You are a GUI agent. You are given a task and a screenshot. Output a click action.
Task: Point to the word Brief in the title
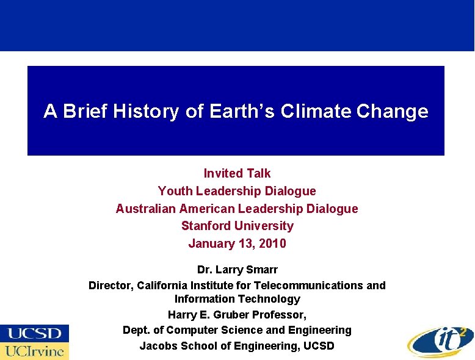coord(85,112)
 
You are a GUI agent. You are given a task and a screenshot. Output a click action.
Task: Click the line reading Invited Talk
coord(237,173)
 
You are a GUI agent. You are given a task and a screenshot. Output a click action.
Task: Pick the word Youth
coord(175,191)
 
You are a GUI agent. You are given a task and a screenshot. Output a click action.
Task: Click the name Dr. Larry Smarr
coord(237,269)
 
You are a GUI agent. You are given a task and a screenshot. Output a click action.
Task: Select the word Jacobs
coord(158,346)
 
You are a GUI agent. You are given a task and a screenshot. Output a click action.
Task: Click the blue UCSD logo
coord(34,333)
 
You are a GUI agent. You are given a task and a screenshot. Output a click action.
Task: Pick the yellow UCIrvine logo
coord(34,351)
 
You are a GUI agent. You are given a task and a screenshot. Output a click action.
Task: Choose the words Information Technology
coord(237,299)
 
